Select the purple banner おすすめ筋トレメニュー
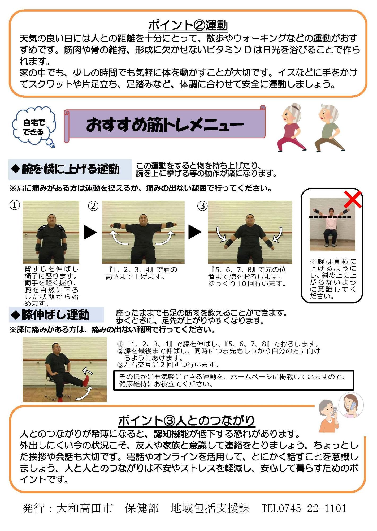click(x=164, y=124)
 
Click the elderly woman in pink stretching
click(x=291, y=127)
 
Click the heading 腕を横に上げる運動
click(x=70, y=169)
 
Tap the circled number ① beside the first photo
click(x=15, y=205)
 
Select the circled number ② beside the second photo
click(x=93, y=206)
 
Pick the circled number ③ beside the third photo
click(x=202, y=206)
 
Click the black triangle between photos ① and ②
click(x=90, y=232)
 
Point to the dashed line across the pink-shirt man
click(x=330, y=217)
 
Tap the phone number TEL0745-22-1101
click(x=304, y=508)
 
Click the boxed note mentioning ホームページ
click(x=233, y=380)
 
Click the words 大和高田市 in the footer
click(x=85, y=508)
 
